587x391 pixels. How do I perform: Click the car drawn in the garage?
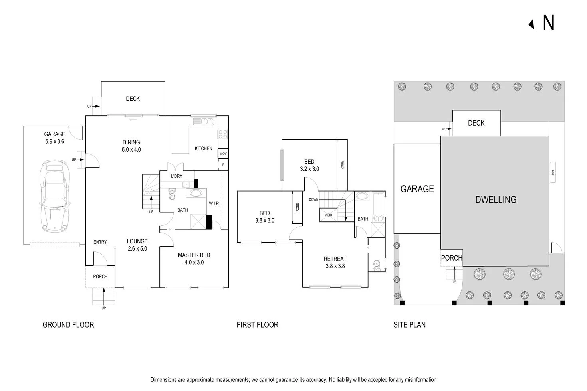(x=55, y=196)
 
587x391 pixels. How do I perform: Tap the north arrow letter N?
(x=549, y=23)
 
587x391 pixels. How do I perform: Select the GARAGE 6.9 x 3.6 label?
(x=54, y=138)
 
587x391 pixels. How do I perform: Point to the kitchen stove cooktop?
(x=223, y=134)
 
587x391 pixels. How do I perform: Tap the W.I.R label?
(x=214, y=203)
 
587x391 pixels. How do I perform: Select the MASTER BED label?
(x=194, y=259)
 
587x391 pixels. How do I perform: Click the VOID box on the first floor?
(x=328, y=215)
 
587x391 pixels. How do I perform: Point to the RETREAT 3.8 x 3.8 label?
(x=335, y=262)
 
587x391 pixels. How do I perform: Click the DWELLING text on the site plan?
(x=496, y=199)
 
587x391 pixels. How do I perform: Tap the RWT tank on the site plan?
(x=553, y=172)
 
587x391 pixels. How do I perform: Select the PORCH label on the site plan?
(x=451, y=258)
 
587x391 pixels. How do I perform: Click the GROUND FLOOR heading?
(x=68, y=325)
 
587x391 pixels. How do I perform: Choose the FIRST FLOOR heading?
(x=257, y=325)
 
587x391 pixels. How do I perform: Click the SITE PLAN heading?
(x=409, y=325)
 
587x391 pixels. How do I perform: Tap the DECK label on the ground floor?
(x=133, y=99)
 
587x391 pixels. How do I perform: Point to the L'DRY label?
(x=176, y=176)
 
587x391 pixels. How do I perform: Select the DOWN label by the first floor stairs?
(x=313, y=199)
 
